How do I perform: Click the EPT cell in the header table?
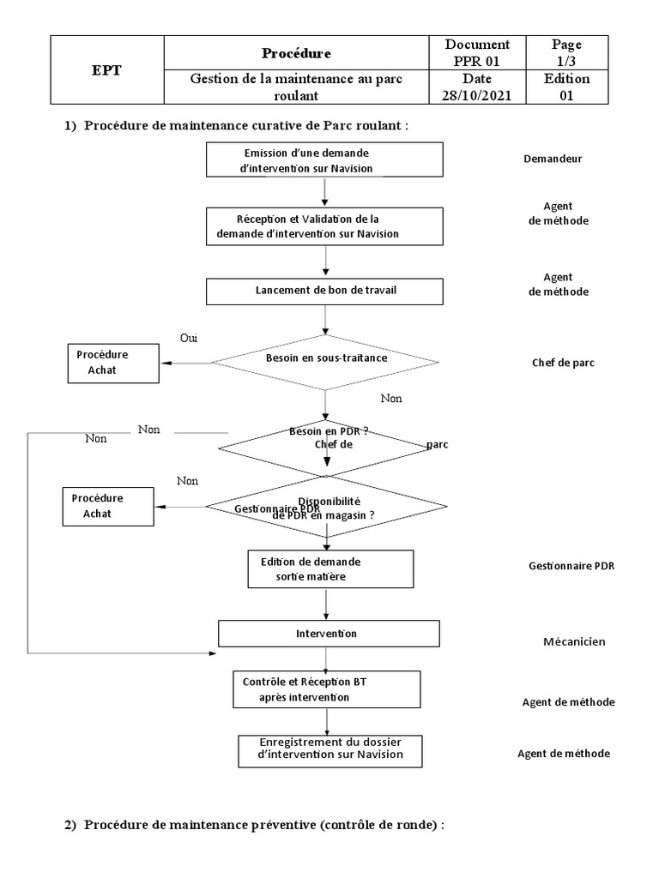pyautogui.click(x=106, y=70)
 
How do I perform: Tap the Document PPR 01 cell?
pyautogui.click(x=477, y=52)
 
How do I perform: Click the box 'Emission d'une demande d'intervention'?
pyautogui.click(x=324, y=160)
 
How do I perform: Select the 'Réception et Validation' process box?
pyautogui.click(x=324, y=226)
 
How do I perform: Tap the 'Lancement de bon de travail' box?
pyautogui.click(x=324, y=291)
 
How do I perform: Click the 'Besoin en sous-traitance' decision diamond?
pyautogui.click(x=325, y=358)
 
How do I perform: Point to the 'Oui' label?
pyautogui.click(x=189, y=338)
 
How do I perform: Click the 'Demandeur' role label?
pyautogui.click(x=553, y=159)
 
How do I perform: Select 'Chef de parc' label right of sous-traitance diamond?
pyautogui.click(x=563, y=362)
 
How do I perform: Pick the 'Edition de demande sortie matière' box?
pyautogui.click(x=330, y=569)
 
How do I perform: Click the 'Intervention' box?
pyautogui.click(x=329, y=634)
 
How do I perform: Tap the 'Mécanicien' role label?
pyautogui.click(x=573, y=641)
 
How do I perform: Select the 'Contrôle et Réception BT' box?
pyautogui.click(x=326, y=689)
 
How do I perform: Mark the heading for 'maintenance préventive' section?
pyautogui.click(x=255, y=825)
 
